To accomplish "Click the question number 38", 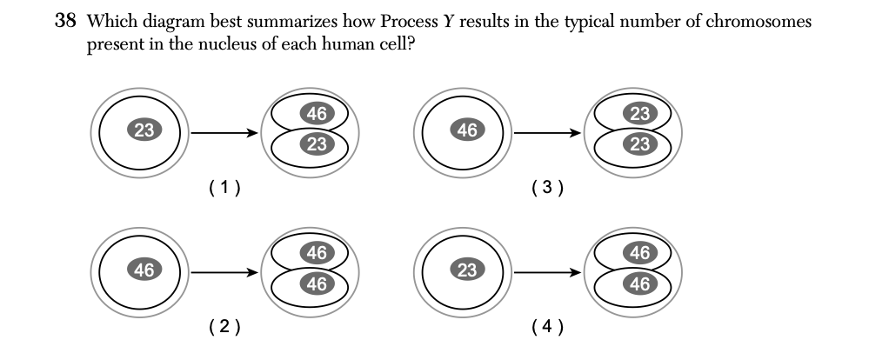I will click(x=65, y=22).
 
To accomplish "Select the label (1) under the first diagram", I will click(x=225, y=185).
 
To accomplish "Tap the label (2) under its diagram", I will click(x=225, y=326).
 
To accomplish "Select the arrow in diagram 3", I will click(x=547, y=133).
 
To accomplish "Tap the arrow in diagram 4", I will click(x=547, y=272).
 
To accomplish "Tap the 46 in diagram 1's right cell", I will click(x=317, y=113).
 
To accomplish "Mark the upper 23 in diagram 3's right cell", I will click(x=639, y=113).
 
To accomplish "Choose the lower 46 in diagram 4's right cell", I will click(x=639, y=284).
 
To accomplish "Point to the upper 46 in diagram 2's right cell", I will click(x=317, y=254).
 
